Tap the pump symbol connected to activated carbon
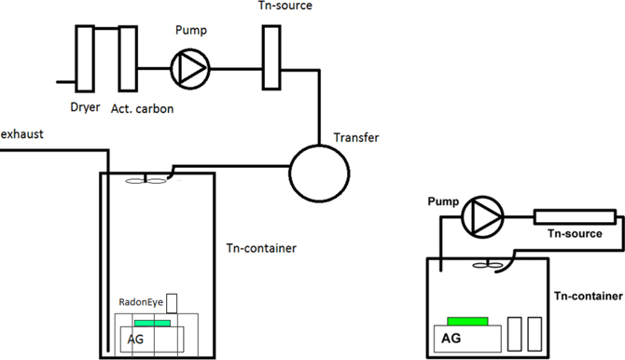point(190,65)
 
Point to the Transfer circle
point(319,170)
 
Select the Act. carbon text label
point(142,109)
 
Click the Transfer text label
point(356,138)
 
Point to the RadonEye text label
point(141,302)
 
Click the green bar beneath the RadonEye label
point(152,323)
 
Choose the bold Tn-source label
point(574,234)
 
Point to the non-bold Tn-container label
point(261,248)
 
